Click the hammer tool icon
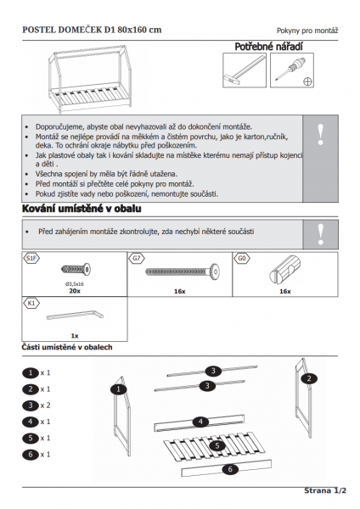245,70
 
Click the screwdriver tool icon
291,69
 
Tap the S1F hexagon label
31,259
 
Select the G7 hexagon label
137,259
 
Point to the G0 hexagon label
242,259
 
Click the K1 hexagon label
31,303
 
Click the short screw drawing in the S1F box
76,269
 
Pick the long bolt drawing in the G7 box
183,271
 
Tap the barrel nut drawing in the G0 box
284,269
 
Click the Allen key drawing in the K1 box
75,316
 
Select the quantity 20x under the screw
75,291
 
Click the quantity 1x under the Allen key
75,336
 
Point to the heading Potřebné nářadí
268,47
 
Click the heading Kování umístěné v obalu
82,209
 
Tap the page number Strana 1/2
325,490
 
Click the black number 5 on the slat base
217,445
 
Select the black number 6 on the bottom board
230,469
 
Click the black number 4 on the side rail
200,422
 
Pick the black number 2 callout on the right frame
309,378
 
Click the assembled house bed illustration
90,79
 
